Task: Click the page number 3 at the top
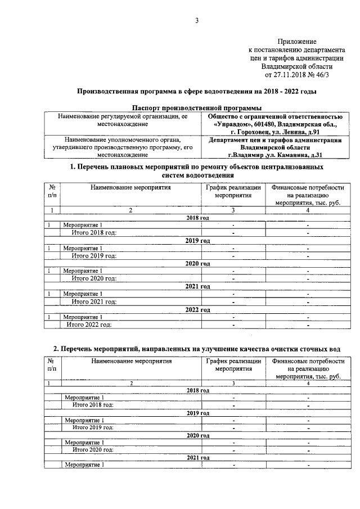click(x=196, y=21)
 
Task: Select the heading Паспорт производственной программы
click(x=196, y=107)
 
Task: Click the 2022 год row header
click(x=197, y=310)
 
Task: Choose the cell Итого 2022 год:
click(x=89, y=324)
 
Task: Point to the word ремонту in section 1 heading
click(x=218, y=167)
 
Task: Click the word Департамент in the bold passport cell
click(x=230, y=139)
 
